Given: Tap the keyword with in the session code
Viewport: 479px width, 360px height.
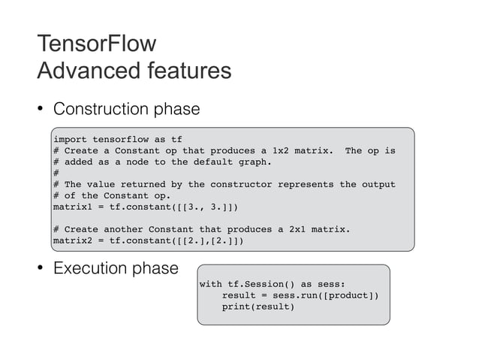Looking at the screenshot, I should tap(210, 285).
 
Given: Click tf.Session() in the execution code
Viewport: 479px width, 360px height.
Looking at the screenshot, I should tap(259, 285).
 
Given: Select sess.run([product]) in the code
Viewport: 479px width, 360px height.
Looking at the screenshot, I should tap(328, 296).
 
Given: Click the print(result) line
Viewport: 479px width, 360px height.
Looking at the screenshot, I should tap(258, 307).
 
